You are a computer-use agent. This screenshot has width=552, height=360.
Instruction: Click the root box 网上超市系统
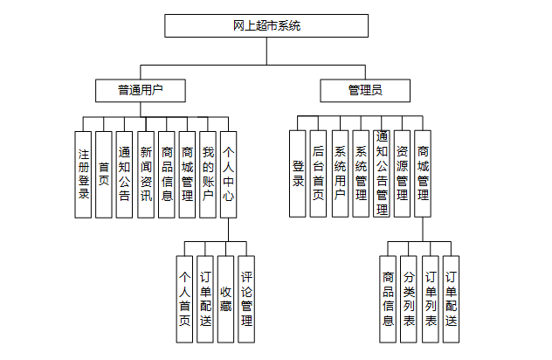pyautogui.click(x=266, y=25)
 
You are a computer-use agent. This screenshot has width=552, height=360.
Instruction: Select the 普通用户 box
pyautogui.click(x=141, y=91)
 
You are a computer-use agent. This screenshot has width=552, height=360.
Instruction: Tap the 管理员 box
pyautogui.click(x=365, y=91)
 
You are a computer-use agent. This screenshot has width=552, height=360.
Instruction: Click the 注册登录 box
pyautogui.click(x=83, y=175)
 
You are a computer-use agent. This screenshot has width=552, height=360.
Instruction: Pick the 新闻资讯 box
pyautogui.click(x=146, y=175)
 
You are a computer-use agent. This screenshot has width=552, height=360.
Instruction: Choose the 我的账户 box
pyautogui.click(x=208, y=175)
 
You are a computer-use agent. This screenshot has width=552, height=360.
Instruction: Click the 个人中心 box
pyautogui.click(x=229, y=175)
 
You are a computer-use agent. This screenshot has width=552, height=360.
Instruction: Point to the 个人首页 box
pyautogui.click(x=184, y=299)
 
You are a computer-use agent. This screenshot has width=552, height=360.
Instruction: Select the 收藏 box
pyautogui.click(x=225, y=299)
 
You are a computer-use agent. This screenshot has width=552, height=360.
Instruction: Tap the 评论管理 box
pyautogui.click(x=246, y=299)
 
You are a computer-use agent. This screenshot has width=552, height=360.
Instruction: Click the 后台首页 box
pyautogui.click(x=318, y=174)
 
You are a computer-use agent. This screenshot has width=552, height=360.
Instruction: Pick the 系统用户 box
pyautogui.click(x=340, y=174)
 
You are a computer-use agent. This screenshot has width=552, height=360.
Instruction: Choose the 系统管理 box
pyautogui.click(x=361, y=174)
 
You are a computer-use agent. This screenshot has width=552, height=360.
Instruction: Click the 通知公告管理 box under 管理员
pyautogui.click(x=382, y=174)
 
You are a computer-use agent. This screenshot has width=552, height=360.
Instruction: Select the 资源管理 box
pyautogui.click(x=402, y=174)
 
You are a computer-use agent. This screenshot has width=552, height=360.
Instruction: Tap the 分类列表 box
pyautogui.click(x=409, y=299)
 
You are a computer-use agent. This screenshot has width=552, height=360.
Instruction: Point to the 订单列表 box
pyautogui.click(x=431, y=299)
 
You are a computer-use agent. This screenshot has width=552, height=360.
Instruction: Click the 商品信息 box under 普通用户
pyautogui.click(x=167, y=175)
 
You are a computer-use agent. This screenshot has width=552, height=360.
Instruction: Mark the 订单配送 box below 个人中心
pyautogui.click(x=205, y=299)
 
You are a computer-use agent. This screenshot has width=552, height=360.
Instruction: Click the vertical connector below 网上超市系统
pyautogui.click(x=266, y=51)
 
